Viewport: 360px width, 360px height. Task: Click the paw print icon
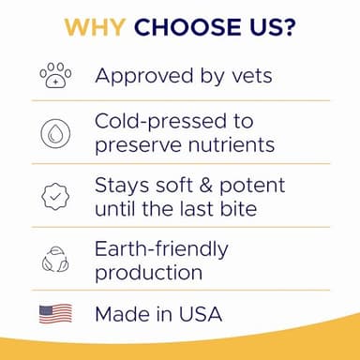54,75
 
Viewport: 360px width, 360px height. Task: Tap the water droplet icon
54,132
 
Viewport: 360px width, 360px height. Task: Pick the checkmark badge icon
54,195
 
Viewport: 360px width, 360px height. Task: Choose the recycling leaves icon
54,259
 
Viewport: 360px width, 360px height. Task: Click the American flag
54,314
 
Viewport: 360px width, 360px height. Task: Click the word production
148,273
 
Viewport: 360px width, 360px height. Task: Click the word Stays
122,186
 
